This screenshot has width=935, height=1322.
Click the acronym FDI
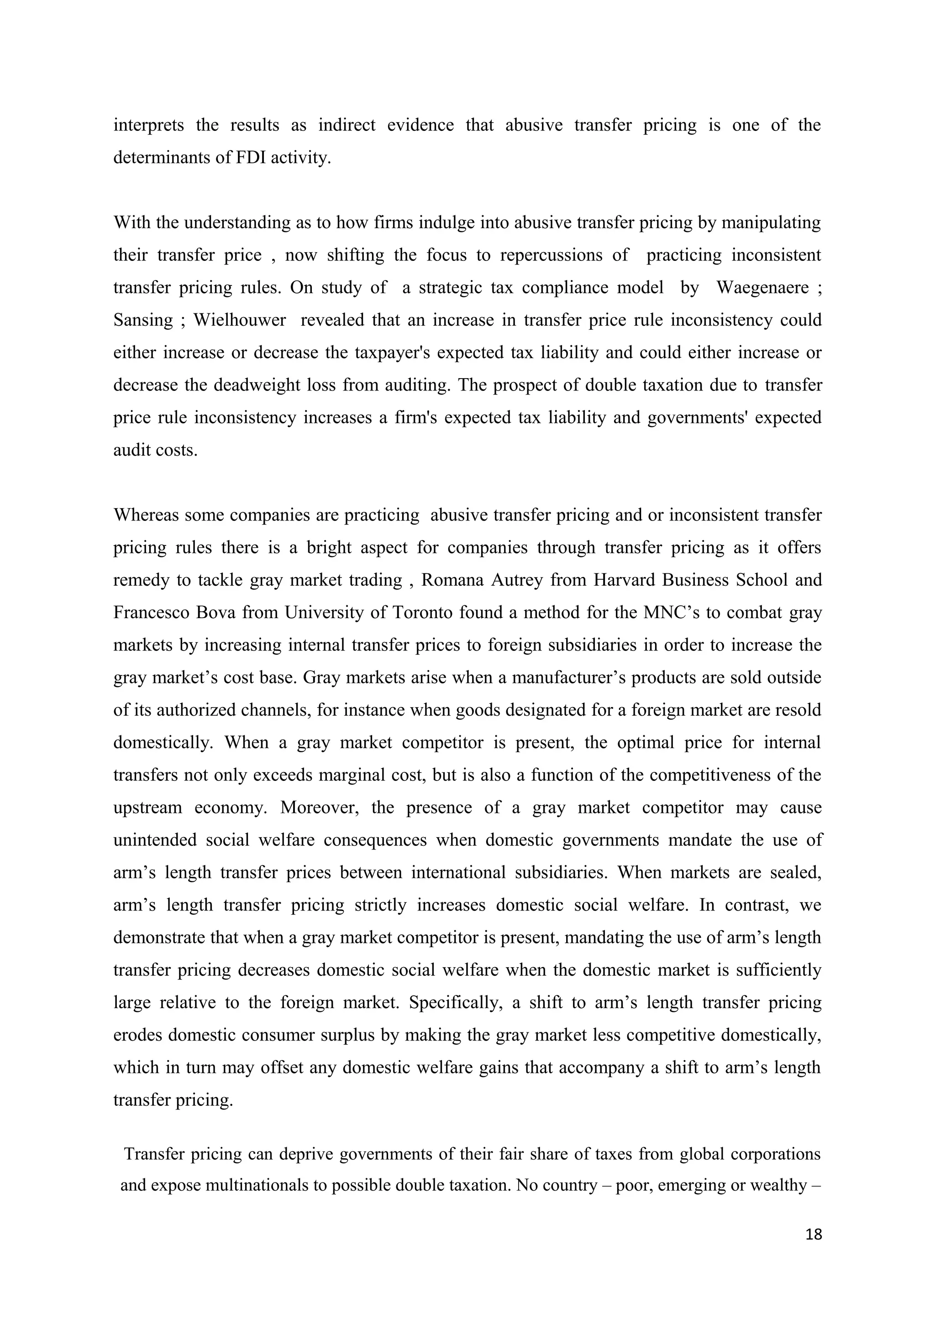[251, 157]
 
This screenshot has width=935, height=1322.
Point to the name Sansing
[143, 320]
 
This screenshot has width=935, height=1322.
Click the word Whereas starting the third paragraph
[147, 515]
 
